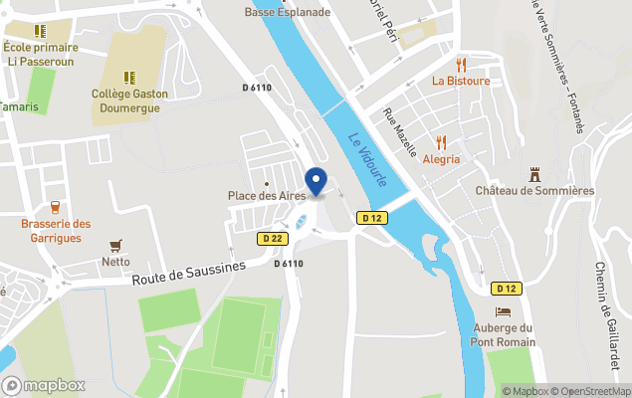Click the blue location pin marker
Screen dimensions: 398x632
point(316,182)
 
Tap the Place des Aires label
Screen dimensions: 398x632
point(266,196)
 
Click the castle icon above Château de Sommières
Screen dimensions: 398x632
point(534,172)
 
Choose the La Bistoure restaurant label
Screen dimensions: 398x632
point(461,81)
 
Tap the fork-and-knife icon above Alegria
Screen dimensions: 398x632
point(442,141)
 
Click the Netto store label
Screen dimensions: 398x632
point(115,263)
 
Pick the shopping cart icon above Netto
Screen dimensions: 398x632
point(116,245)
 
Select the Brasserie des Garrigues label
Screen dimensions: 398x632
point(56,231)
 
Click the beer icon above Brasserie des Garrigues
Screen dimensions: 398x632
point(55,207)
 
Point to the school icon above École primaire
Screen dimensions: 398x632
point(40,31)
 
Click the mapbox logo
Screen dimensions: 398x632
point(44,385)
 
